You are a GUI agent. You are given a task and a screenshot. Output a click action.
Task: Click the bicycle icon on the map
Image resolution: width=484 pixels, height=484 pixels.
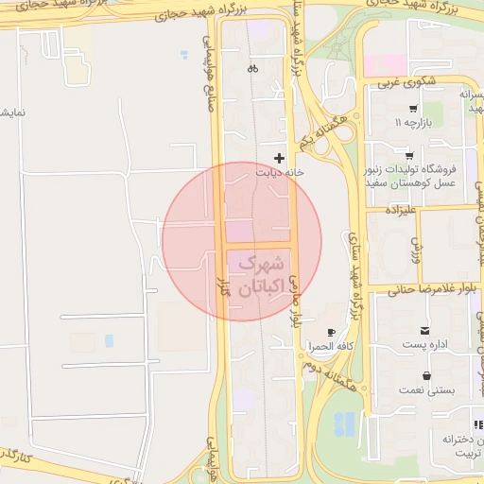tap(252, 68)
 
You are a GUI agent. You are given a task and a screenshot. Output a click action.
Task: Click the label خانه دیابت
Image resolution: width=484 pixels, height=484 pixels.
tap(279, 173)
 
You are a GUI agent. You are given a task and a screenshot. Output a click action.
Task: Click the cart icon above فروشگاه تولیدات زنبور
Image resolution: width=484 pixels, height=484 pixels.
tap(409, 155)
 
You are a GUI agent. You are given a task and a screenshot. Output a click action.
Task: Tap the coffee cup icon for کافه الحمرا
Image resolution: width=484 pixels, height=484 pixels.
tap(331, 332)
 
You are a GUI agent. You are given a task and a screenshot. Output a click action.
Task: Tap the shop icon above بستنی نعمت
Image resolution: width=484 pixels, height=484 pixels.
tap(427, 374)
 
